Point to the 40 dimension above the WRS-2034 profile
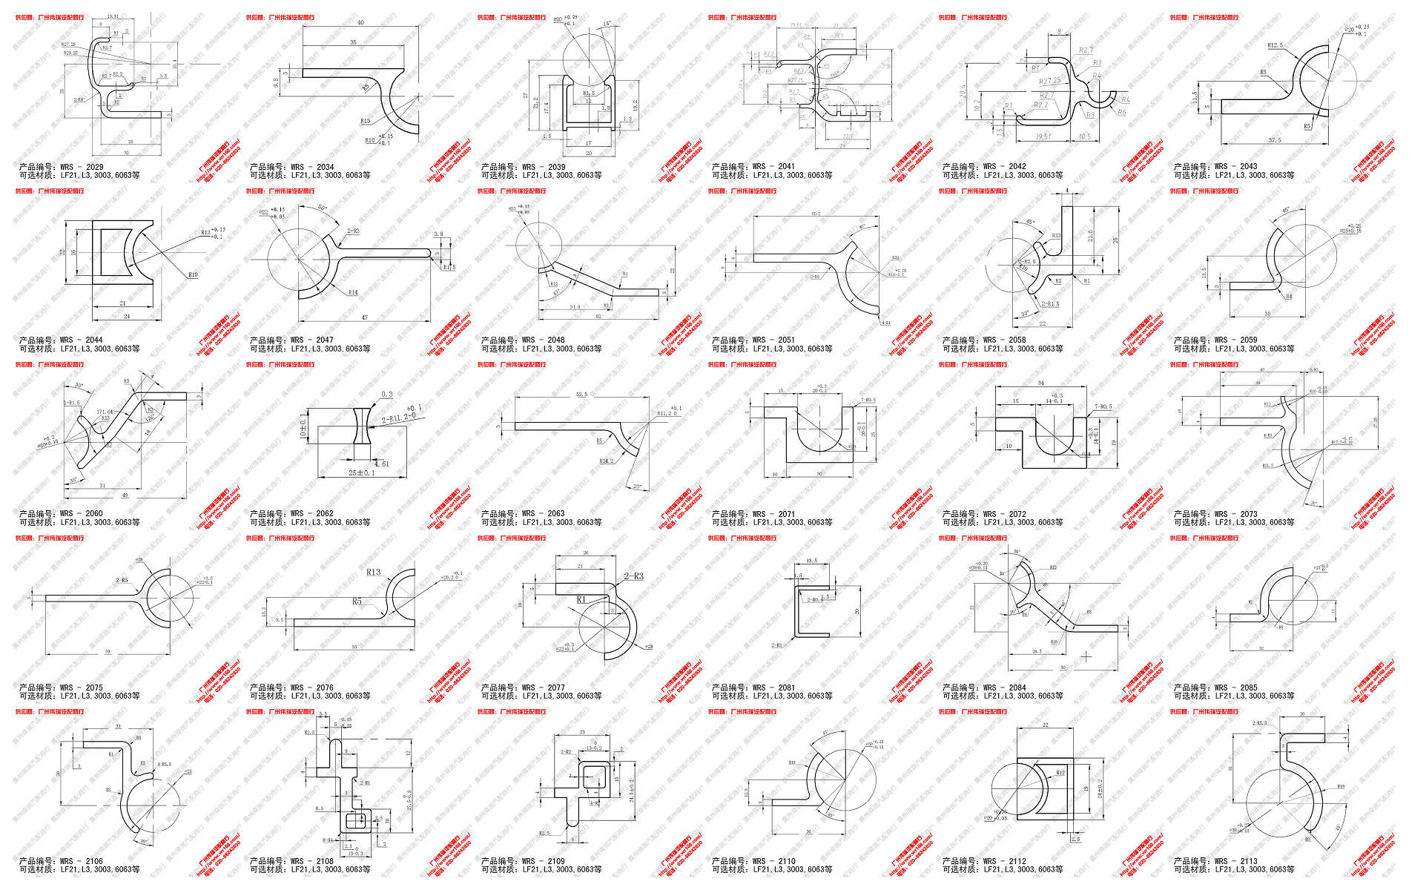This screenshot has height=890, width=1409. tap(361, 23)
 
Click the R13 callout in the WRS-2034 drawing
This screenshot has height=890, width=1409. tap(365, 121)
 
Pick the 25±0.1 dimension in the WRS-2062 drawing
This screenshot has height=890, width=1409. tap(361, 473)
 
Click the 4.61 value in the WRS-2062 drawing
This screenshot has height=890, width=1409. tap(381, 464)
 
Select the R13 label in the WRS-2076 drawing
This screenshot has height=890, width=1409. tap(373, 572)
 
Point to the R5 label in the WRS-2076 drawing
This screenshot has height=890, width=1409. tap(357, 601)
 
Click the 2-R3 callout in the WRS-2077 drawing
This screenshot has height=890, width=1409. tap(633, 576)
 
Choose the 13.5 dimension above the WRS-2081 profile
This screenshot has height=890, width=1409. tap(811, 561)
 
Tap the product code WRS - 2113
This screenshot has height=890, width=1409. tap(1237, 861)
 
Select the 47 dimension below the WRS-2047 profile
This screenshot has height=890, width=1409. tap(364, 317)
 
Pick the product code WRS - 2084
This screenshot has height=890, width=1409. tap(1006, 688)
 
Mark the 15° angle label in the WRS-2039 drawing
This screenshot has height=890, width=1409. tap(607, 24)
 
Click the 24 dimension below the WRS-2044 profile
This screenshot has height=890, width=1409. tap(126, 316)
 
